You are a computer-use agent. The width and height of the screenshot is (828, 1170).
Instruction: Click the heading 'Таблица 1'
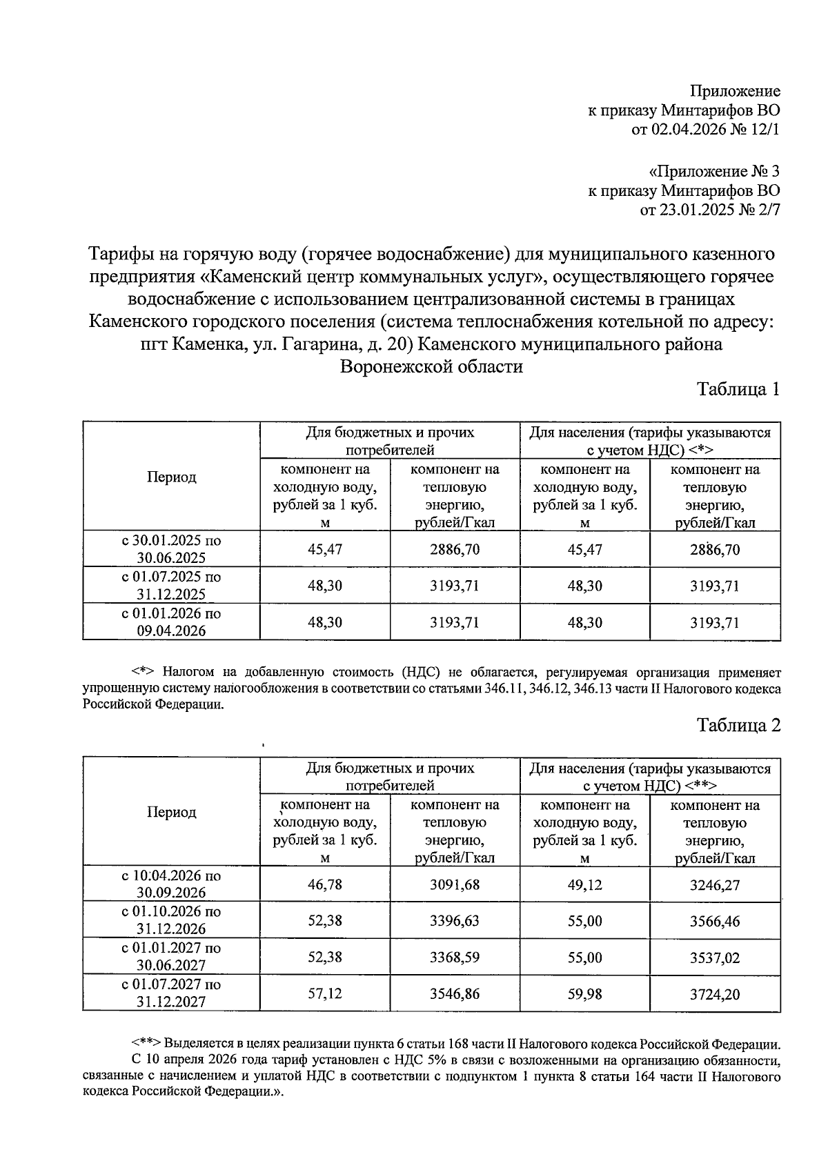[x=738, y=389]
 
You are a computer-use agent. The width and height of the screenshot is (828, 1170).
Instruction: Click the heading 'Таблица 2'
[x=738, y=725]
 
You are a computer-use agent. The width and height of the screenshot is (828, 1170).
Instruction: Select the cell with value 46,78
[x=325, y=884]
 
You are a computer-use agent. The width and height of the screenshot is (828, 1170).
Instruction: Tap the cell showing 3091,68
[x=454, y=884]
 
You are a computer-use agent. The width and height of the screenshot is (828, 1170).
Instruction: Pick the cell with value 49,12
[x=584, y=884]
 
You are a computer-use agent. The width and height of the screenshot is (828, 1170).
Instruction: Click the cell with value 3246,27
[x=714, y=884]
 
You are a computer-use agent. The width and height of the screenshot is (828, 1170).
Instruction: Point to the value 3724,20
[x=714, y=994]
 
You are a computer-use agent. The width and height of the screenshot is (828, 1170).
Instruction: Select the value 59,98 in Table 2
[x=584, y=994]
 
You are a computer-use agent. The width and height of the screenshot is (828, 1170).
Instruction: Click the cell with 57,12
[x=325, y=994]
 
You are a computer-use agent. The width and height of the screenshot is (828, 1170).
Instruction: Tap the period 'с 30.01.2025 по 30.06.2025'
[x=171, y=549]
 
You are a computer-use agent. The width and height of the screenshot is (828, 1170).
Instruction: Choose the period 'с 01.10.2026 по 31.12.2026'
[x=171, y=920]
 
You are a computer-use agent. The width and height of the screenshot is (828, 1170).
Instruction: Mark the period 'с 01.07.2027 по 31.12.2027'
[x=171, y=993]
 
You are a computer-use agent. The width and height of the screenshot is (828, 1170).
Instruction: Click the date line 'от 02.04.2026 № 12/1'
[x=706, y=130]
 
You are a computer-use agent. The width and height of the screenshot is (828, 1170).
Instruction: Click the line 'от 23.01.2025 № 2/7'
[x=710, y=210]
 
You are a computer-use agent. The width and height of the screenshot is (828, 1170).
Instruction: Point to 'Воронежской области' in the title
[x=431, y=366]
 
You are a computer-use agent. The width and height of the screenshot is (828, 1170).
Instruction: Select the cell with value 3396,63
[x=454, y=921]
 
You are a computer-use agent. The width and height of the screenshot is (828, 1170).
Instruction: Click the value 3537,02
[x=714, y=958]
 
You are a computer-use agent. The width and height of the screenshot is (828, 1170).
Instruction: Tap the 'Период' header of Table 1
[x=171, y=477]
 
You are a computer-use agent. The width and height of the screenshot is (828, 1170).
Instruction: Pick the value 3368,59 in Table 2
[x=454, y=958]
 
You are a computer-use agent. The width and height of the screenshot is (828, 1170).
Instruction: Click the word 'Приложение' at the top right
[x=736, y=91]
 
